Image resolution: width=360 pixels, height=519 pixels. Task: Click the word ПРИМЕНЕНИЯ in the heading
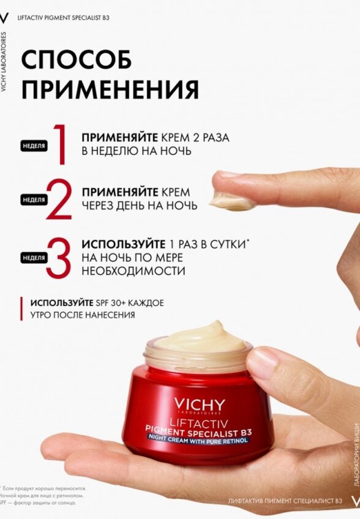coord(110,89)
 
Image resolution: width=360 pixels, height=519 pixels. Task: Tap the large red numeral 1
coord(59,144)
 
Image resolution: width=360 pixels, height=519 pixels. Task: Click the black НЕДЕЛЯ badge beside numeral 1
coord(34,146)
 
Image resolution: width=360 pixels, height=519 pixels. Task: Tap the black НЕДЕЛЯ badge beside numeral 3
coord(34,258)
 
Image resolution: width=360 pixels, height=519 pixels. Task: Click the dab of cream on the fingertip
coord(233,200)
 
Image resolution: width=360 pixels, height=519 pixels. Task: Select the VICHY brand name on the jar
coord(199,405)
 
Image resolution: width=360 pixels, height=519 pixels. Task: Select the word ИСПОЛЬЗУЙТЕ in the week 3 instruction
coord(116,244)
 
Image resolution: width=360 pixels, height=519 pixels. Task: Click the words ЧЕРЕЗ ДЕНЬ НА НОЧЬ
coord(139,206)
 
